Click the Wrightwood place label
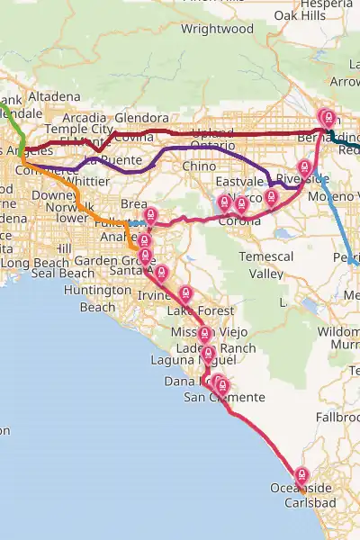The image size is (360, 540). [218, 29]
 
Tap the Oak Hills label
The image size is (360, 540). [300, 15]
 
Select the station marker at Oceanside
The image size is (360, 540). [301, 475]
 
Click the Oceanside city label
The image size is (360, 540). [301, 488]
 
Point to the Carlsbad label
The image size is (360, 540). [310, 502]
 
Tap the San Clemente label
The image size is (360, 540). [224, 397]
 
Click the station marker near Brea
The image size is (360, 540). [151, 216]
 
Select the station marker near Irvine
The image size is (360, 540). [161, 273]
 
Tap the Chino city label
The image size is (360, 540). [199, 166]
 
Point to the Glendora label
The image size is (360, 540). [141, 118]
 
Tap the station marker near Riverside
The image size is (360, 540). [304, 167]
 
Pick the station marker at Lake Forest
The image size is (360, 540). [185, 293]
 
